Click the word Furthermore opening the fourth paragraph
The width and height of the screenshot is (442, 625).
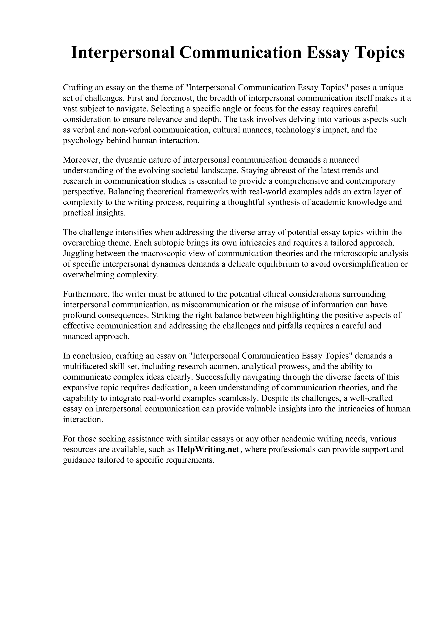(x=86, y=294)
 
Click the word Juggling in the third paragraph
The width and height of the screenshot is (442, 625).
(x=78, y=253)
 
